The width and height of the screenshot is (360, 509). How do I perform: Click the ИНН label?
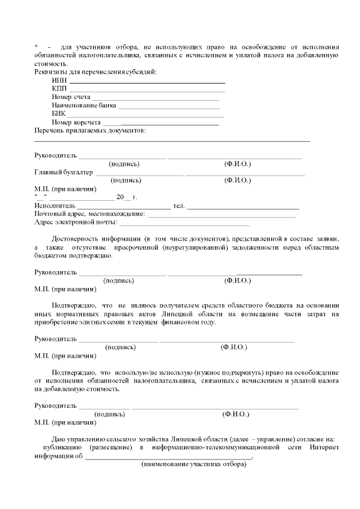pos(59,80)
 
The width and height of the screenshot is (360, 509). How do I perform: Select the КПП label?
pos(59,89)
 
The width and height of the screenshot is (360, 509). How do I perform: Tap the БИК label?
pos(58,114)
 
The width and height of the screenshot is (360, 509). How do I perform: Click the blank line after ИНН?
pos(146,82)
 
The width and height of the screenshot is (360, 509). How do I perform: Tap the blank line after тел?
pos(242,208)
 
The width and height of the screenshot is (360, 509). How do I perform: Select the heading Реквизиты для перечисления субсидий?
pos(96,72)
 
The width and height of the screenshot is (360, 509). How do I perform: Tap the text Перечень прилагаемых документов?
pos(90,130)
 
